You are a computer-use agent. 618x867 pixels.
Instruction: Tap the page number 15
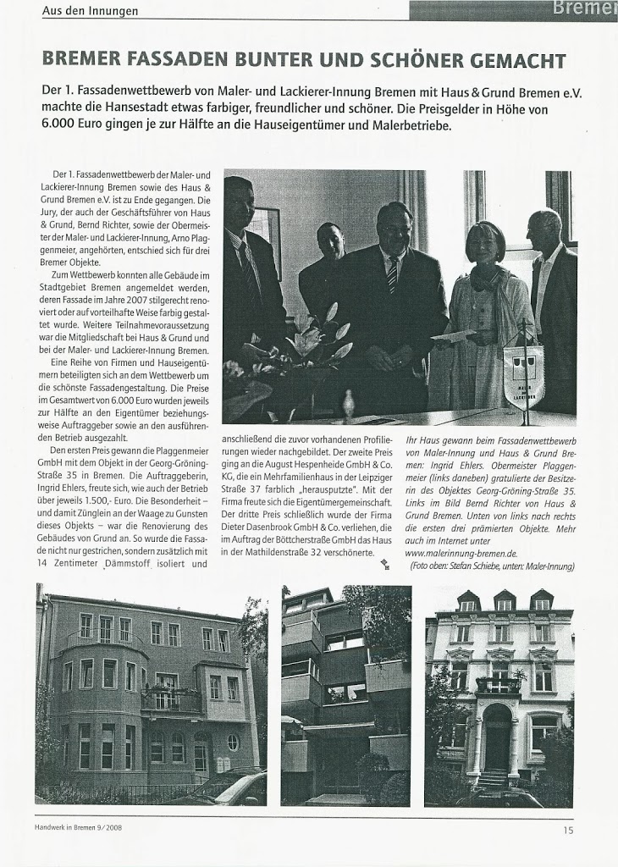click(x=566, y=831)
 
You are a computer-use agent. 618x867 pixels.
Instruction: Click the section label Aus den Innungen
click(x=91, y=11)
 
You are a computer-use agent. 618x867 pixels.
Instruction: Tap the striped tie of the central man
click(x=392, y=274)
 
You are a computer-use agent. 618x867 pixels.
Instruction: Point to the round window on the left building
click(x=233, y=742)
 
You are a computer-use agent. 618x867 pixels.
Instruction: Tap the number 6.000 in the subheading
click(x=62, y=125)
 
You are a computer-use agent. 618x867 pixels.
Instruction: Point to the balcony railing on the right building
click(x=498, y=684)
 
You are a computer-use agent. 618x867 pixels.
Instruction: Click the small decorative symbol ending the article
click(x=384, y=565)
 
